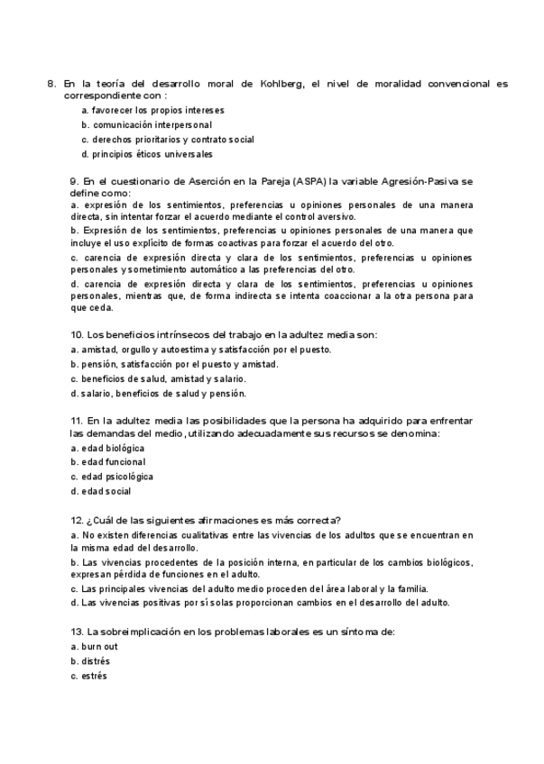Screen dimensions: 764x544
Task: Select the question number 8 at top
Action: tap(51, 84)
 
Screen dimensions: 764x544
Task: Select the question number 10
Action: tap(77, 335)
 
